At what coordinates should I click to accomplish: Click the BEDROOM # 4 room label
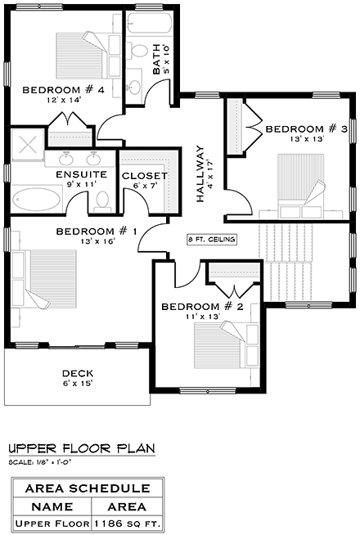62,90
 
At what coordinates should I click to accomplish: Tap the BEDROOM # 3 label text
307,129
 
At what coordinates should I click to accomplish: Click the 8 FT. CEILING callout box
213,240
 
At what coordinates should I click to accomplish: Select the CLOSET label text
144,176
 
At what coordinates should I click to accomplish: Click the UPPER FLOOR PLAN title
80,449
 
